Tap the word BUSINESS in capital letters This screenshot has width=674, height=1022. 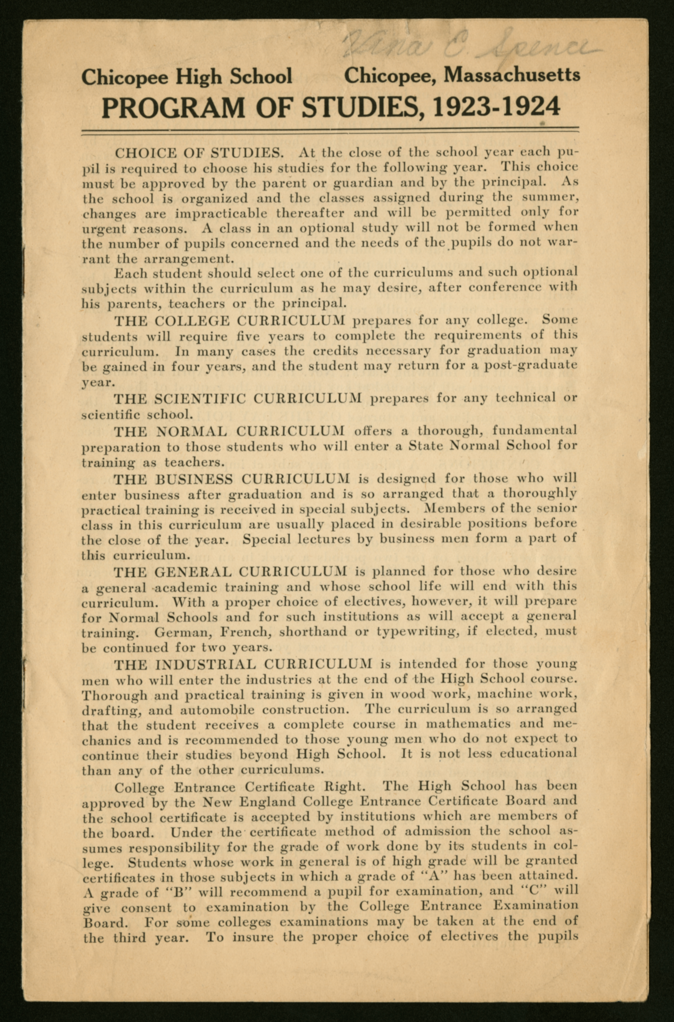point(194,479)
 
